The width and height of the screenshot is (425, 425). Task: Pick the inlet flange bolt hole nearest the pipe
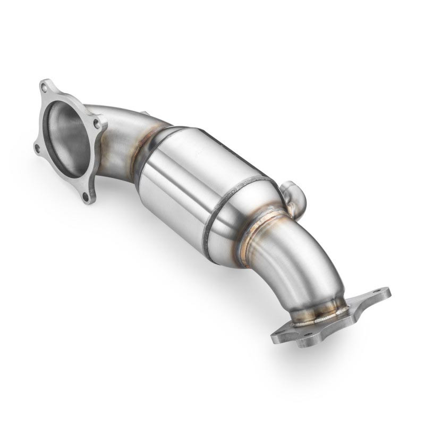[96, 123]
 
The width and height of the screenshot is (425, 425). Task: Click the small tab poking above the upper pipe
[143, 113]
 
